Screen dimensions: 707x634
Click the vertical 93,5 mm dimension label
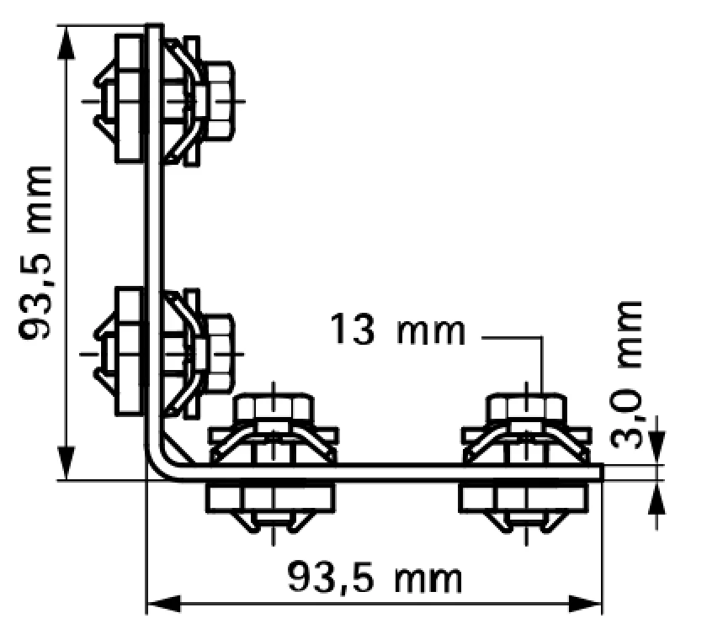(35, 253)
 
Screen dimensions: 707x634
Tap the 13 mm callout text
(397, 330)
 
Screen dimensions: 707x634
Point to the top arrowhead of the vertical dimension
(66, 41)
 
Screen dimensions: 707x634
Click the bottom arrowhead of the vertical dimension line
(66, 464)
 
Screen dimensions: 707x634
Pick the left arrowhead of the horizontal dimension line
(164, 604)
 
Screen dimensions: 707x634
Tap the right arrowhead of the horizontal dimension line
(585, 604)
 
